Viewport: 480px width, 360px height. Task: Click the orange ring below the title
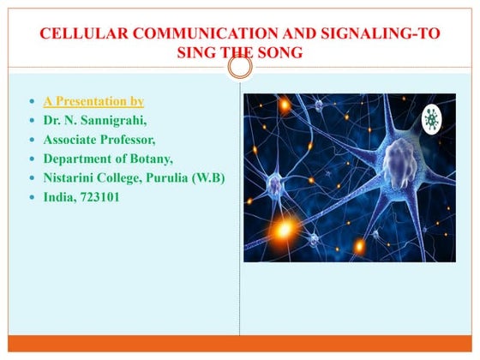(x=241, y=66)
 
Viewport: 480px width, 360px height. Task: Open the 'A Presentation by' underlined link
(x=93, y=102)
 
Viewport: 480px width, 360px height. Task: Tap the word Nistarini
(x=74, y=177)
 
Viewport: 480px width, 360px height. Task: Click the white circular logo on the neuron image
(x=435, y=121)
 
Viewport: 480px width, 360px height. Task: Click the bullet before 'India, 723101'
(x=31, y=197)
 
